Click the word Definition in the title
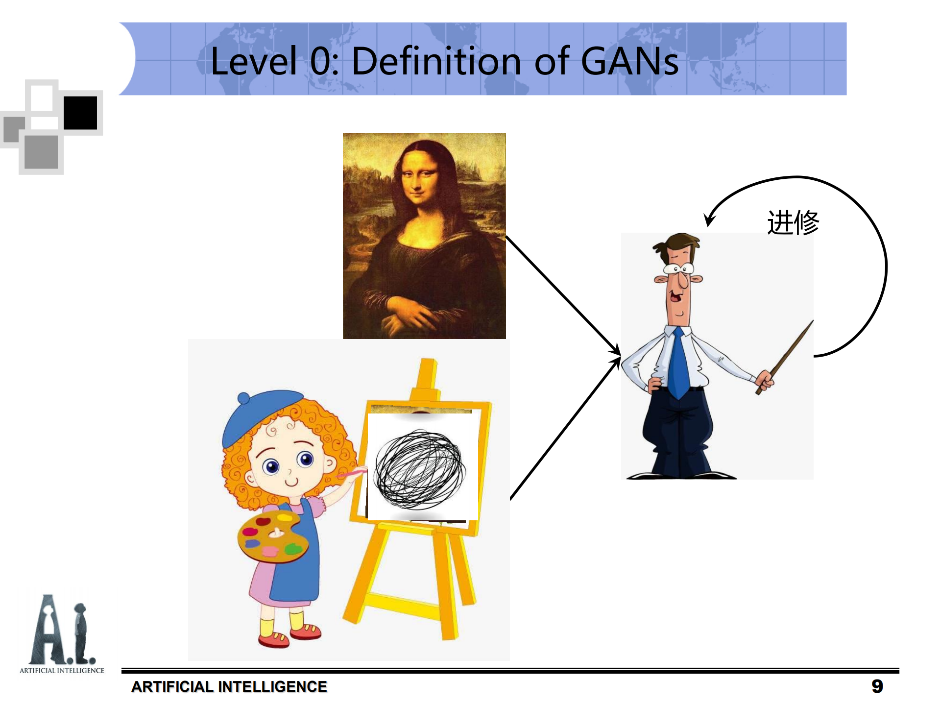point(436,61)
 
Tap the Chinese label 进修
point(793,223)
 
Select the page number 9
point(877,686)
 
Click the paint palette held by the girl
point(272,536)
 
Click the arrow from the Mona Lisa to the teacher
point(563,294)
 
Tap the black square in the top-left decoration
point(80,113)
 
